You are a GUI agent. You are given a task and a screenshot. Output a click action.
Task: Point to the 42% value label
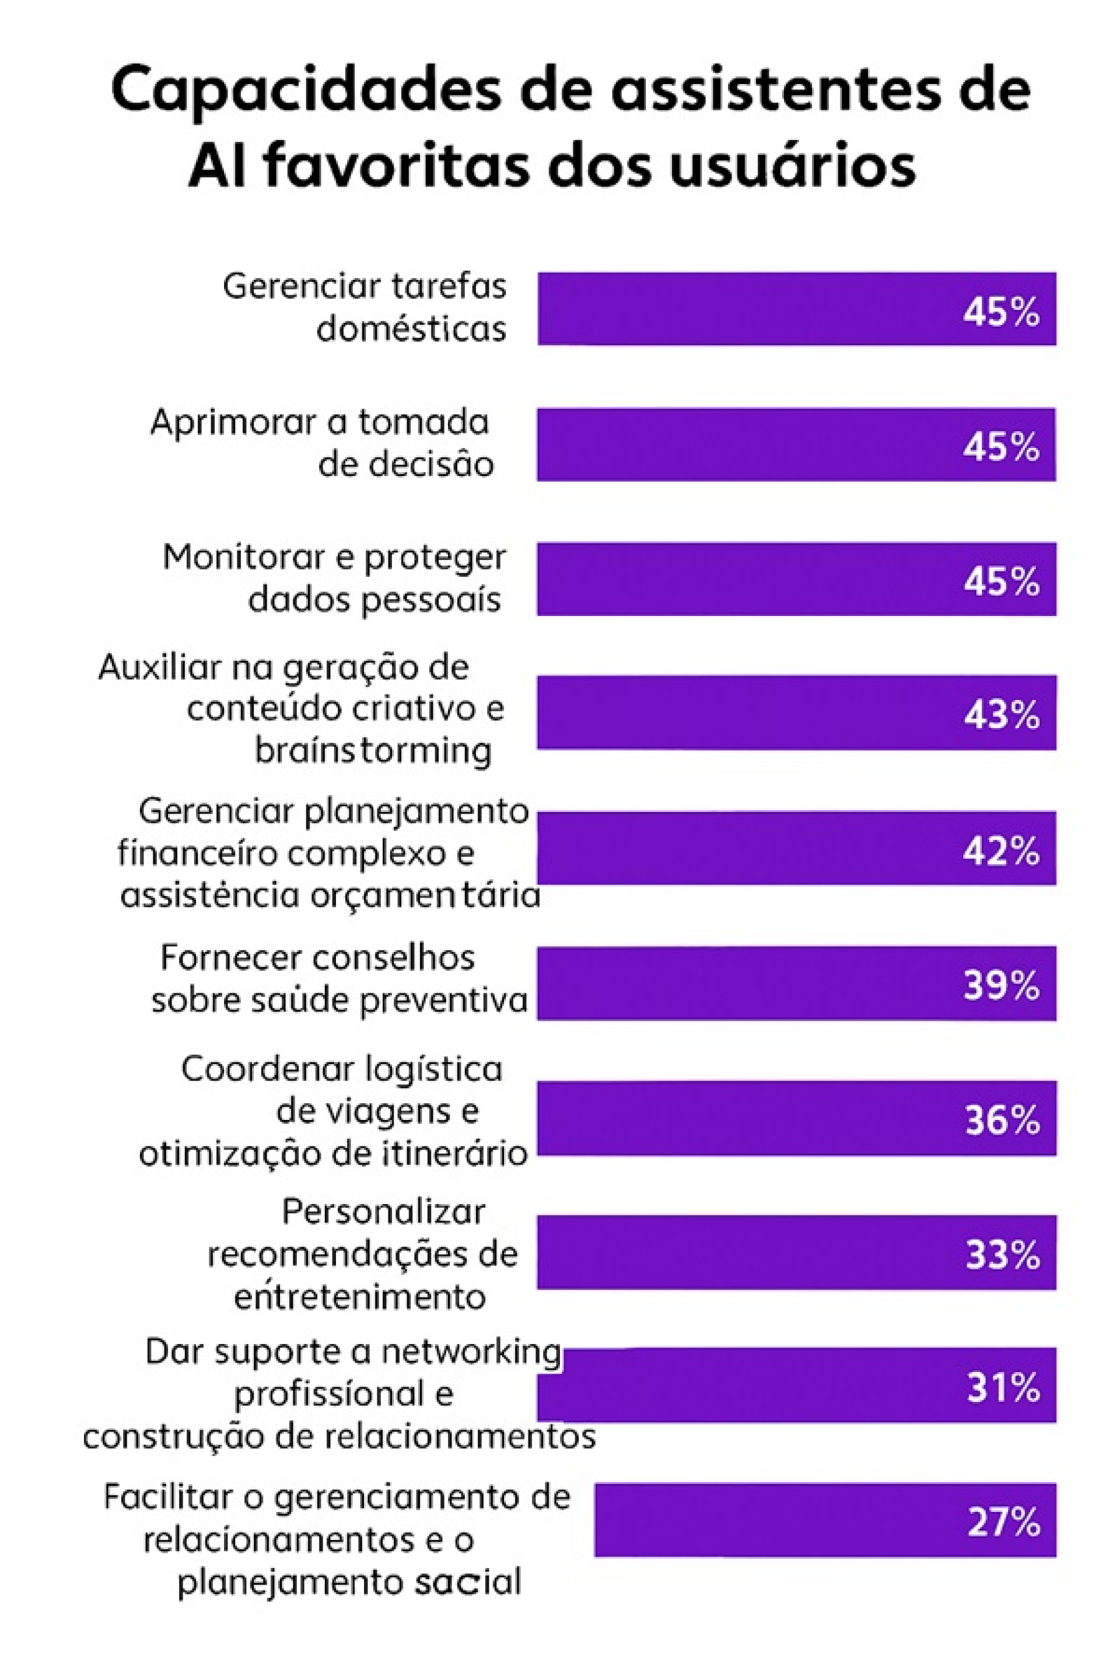coord(1001,850)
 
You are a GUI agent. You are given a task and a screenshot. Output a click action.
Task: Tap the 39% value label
coord(1002,986)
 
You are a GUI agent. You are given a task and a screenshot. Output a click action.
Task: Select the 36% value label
coord(1002,1120)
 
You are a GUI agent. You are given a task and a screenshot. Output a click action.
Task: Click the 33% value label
coord(1002,1255)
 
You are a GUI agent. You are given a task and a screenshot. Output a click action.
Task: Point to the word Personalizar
coord(384,1213)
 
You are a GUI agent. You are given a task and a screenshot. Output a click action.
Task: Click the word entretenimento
coord(360,1296)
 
